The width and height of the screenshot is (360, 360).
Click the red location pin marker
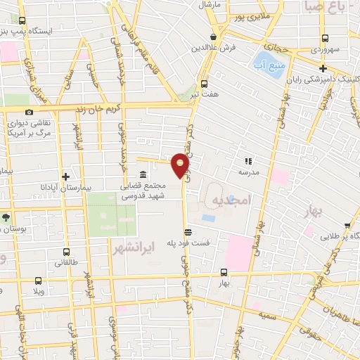pos(181,165)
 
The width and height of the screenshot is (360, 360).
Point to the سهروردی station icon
pos(325,39)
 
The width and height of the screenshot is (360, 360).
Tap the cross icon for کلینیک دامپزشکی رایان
pos(322,68)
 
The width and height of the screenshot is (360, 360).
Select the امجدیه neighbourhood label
pos(231,201)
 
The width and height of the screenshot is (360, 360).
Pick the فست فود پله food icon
pos(187,232)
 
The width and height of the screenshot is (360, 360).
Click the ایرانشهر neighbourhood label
pos(129,247)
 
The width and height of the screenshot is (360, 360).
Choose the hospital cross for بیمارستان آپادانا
pos(65,177)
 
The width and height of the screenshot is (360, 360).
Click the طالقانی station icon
pos(65,251)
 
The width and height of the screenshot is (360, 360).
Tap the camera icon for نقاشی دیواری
pos(29,112)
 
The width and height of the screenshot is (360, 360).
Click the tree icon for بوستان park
pos(6,217)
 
